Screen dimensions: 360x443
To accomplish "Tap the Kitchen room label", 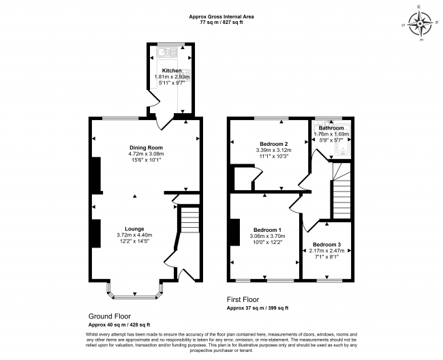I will [x=171, y=71].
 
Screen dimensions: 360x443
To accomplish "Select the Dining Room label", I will [x=146, y=147].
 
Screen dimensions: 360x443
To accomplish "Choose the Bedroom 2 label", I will [x=271, y=144].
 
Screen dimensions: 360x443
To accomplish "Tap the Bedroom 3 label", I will [x=326, y=244].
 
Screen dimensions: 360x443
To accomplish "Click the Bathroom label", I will [x=331, y=128].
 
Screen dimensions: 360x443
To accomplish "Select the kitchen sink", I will [x=166, y=51].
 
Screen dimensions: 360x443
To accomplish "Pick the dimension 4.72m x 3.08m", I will [x=146, y=154].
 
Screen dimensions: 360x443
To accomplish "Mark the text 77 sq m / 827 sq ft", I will [x=221, y=22].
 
